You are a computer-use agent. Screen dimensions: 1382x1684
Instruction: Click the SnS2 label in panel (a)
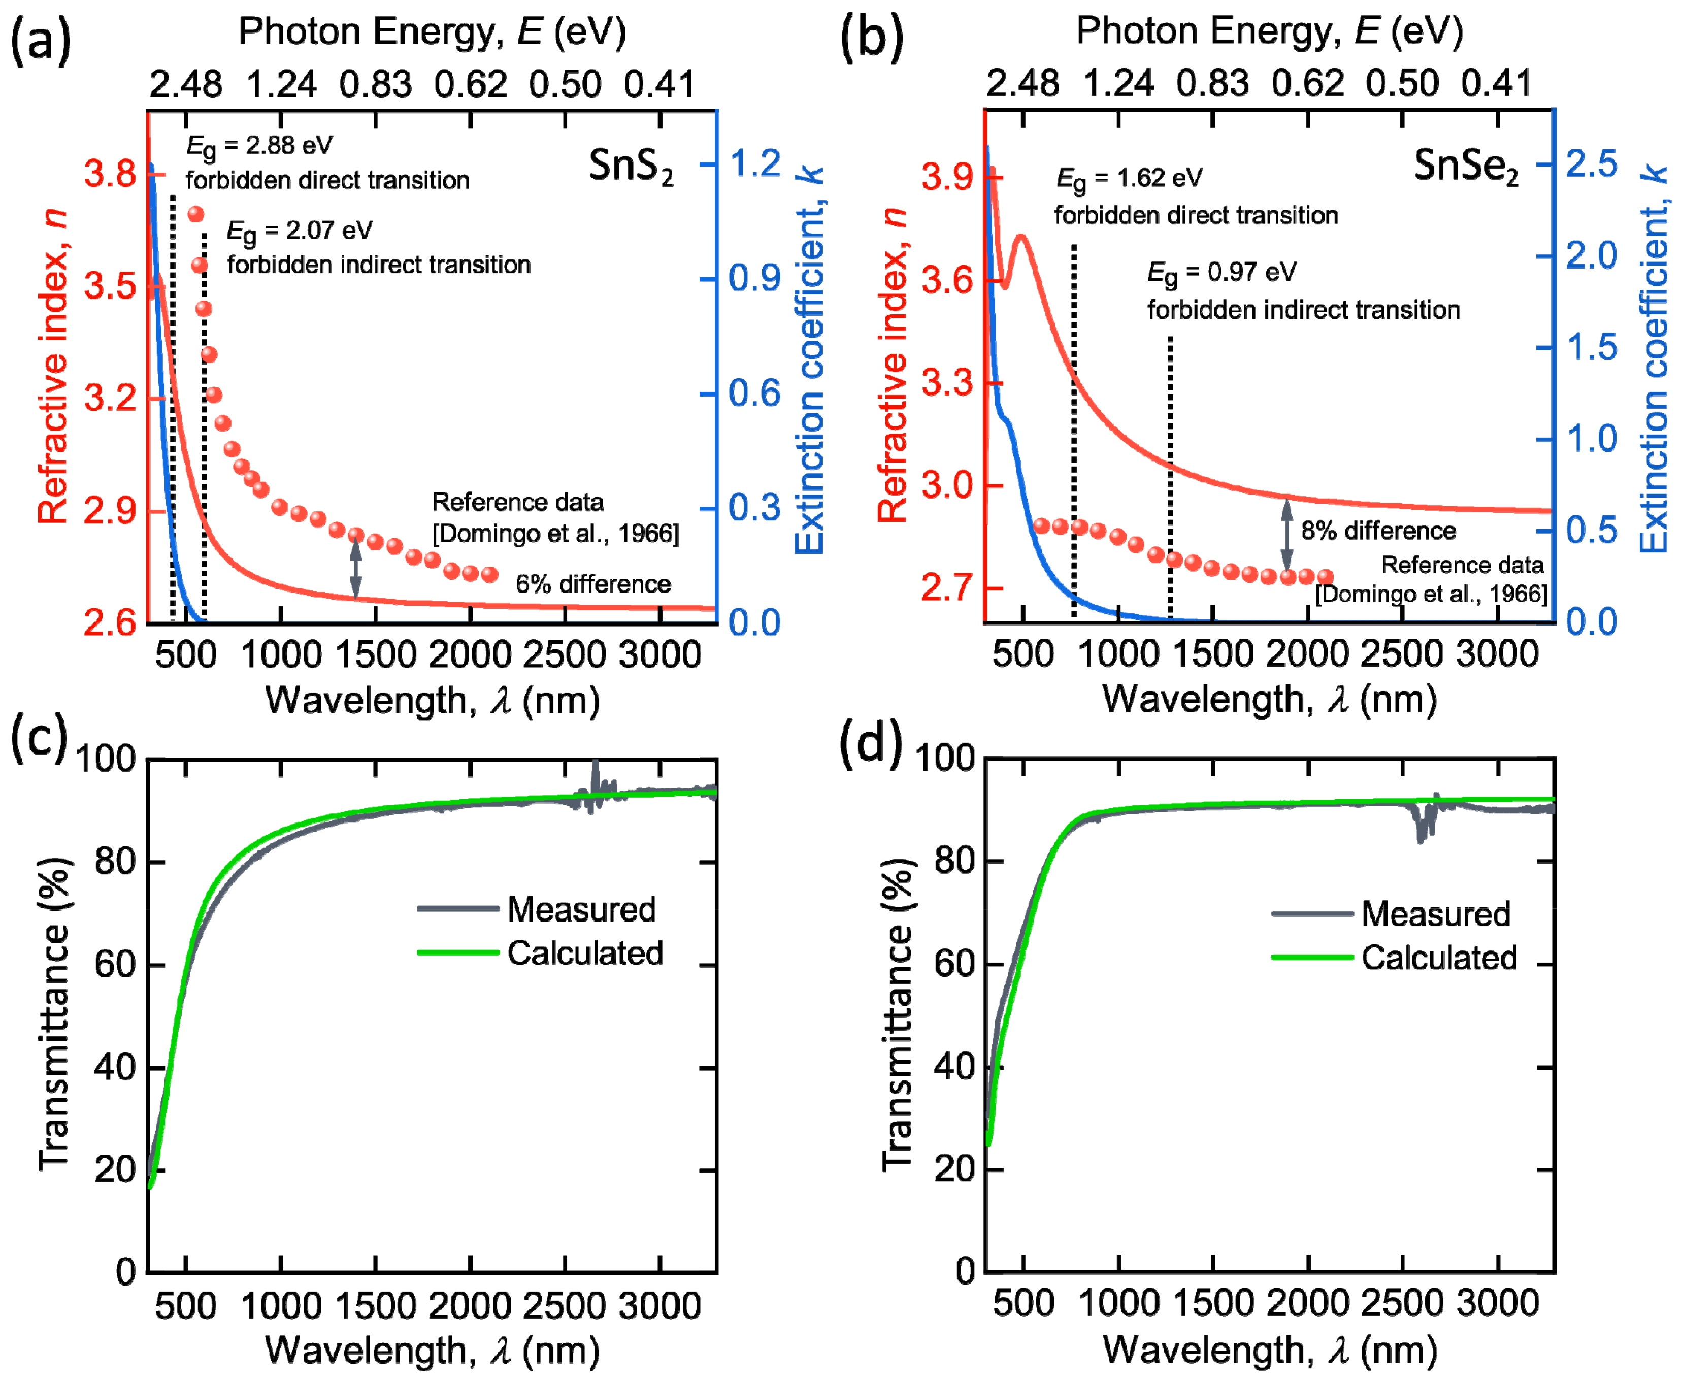[x=631, y=167]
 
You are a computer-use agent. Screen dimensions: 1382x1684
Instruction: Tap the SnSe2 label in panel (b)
[x=1465, y=167]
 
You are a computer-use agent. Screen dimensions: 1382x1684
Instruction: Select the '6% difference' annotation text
[x=593, y=584]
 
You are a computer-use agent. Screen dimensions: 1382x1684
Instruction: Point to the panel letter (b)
[x=872, y=38]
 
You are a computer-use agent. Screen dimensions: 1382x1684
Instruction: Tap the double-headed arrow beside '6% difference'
[x=356, y=565]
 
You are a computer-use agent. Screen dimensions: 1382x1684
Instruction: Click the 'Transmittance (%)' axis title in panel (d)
[x=897, y=1015]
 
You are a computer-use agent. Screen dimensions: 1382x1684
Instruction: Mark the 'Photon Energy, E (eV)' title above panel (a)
[x=432, y=32]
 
